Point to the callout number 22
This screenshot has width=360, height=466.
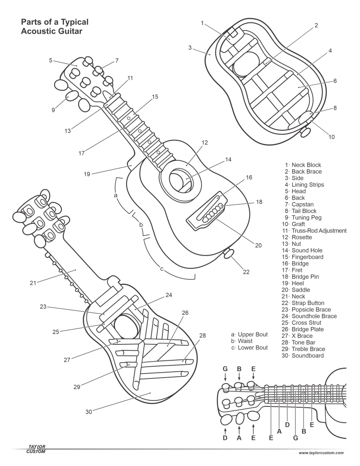246,272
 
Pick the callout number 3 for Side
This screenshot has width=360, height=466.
190,47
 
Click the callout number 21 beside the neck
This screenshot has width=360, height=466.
33,283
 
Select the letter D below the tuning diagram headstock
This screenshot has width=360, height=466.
225,438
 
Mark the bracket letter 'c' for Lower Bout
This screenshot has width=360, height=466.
162,268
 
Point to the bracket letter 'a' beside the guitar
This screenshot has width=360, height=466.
116,195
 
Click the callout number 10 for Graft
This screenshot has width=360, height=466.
331,136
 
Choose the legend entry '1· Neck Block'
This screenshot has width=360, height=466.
302,165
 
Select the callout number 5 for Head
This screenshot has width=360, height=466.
51,60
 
